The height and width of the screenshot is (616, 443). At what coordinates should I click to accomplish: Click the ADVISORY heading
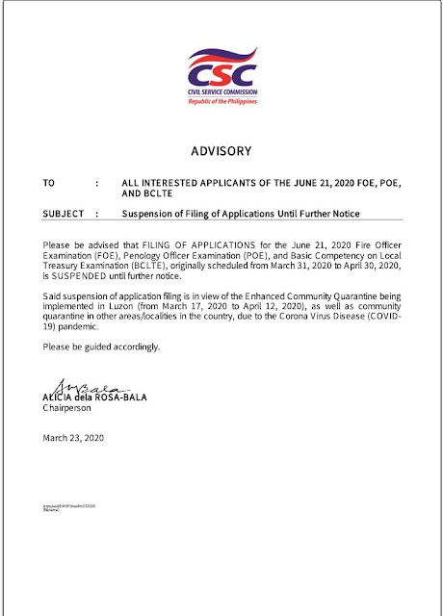221,151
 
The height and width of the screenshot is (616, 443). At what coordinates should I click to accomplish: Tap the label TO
49,181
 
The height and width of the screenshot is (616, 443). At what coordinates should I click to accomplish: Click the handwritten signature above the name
77,385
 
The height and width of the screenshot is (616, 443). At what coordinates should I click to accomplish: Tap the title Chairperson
71,408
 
